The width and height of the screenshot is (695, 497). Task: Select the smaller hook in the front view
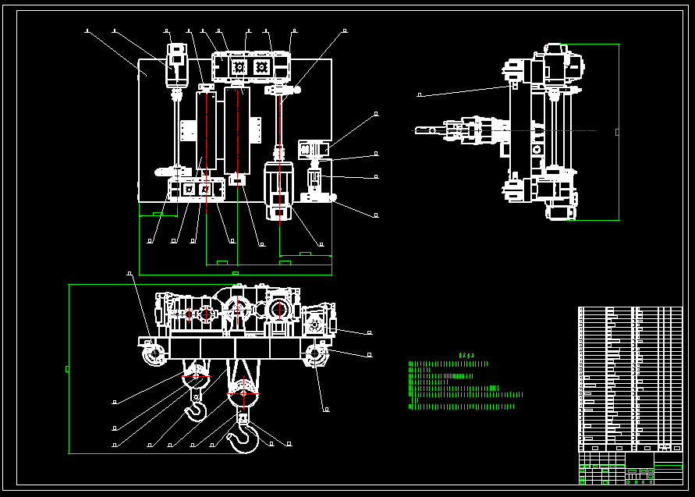point(195,408)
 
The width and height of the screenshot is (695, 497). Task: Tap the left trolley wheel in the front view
point(153,355)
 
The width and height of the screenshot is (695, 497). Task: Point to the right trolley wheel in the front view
point(315,355)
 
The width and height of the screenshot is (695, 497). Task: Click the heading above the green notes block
point(467,355)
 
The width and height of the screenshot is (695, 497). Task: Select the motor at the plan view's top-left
point(177,65)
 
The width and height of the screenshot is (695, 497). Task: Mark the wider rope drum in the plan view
point(237,130)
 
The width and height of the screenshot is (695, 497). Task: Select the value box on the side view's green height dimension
point(618,132)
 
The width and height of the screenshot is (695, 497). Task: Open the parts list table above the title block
point(629,378)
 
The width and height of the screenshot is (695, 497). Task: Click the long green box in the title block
point(668,467)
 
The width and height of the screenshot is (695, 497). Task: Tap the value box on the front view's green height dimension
point(67,368)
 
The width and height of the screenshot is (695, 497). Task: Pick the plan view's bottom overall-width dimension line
point(235,275)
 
